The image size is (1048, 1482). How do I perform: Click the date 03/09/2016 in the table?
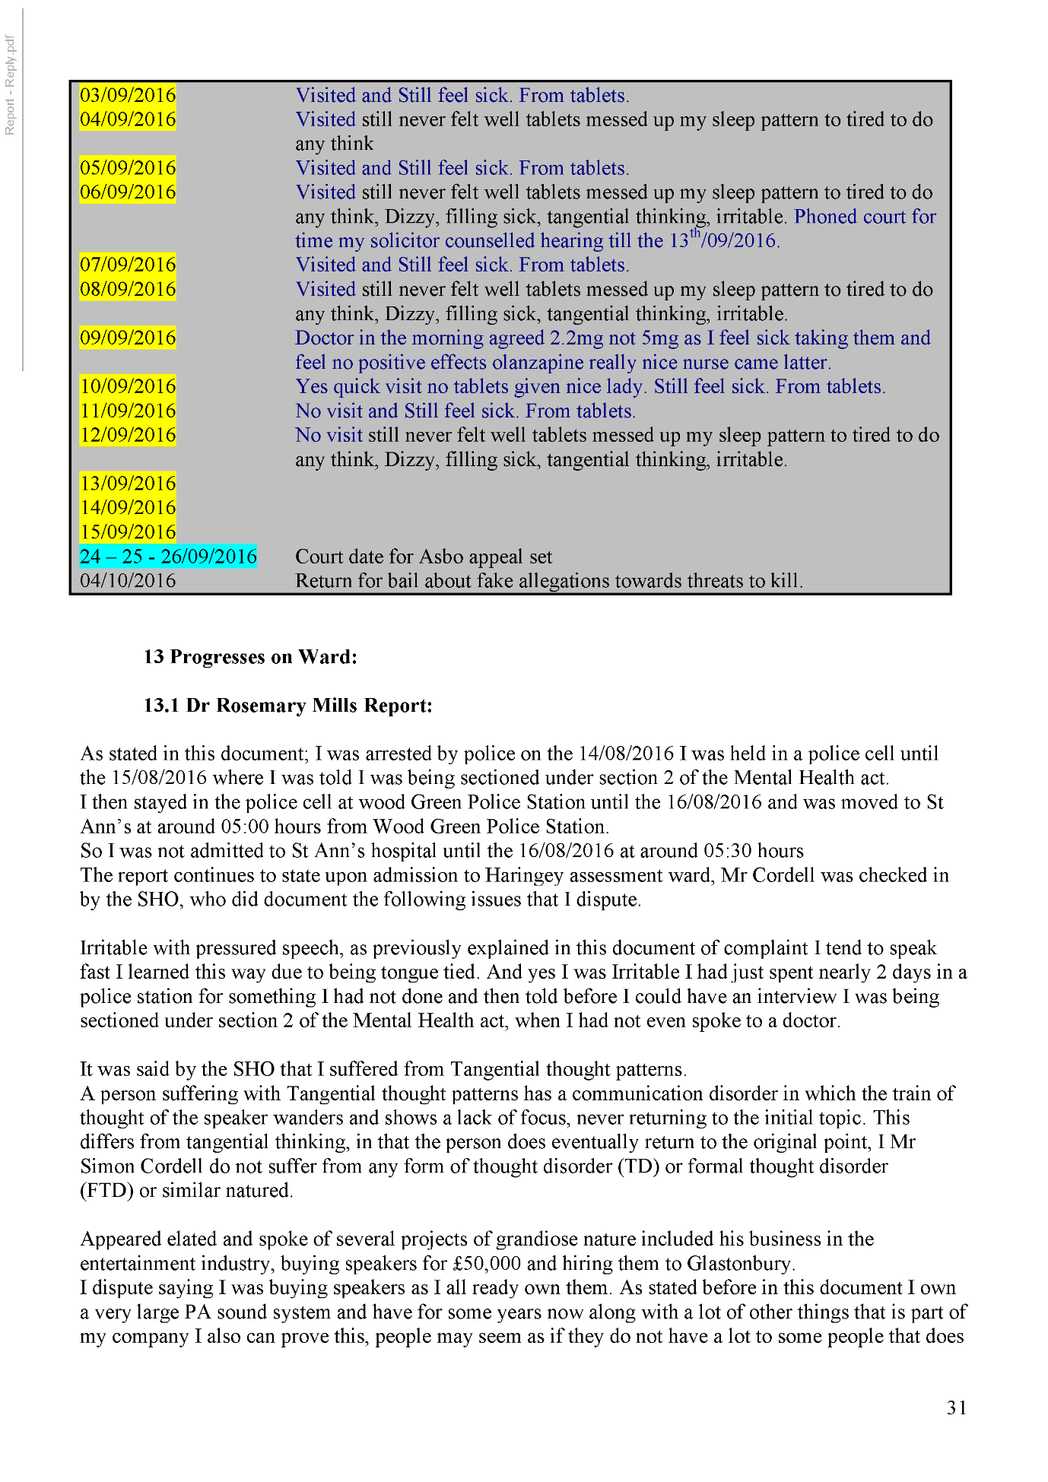coord(128,95)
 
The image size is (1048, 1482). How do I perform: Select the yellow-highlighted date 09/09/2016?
coord(128,338)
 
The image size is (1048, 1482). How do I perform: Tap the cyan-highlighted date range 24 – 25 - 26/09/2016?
coord(168,557)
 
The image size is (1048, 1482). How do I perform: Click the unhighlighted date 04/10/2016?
coord(128,581)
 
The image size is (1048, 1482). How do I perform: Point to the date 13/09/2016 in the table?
coord(128,484)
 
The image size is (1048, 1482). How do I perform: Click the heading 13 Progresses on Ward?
coord(250,657)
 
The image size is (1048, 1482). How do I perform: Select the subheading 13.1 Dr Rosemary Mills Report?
coord(287,706)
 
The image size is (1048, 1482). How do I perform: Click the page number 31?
coord(957,1408)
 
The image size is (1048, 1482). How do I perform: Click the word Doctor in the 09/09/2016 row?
coord(325,338)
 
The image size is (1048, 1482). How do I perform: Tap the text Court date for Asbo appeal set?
coord(424,557)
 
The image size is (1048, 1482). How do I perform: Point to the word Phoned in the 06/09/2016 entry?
coord(826,217)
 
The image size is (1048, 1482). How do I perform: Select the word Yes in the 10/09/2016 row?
coord(312,386)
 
